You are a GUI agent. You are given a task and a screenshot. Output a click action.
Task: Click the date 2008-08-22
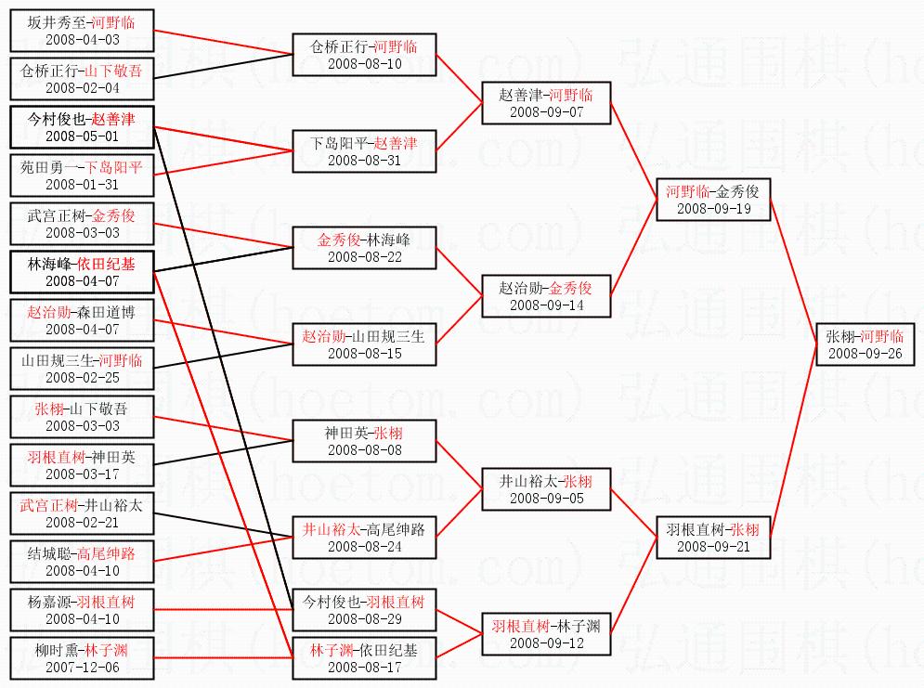[x=365, y=257]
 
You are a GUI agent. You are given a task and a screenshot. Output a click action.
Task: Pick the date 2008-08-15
[x=365, y=354]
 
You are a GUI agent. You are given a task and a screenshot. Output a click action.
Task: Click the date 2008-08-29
[x=365, y=619]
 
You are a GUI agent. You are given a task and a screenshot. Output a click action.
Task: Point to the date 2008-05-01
[x=83, y=136]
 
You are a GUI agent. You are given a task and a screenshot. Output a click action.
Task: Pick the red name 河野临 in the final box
[x=881, y=336]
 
